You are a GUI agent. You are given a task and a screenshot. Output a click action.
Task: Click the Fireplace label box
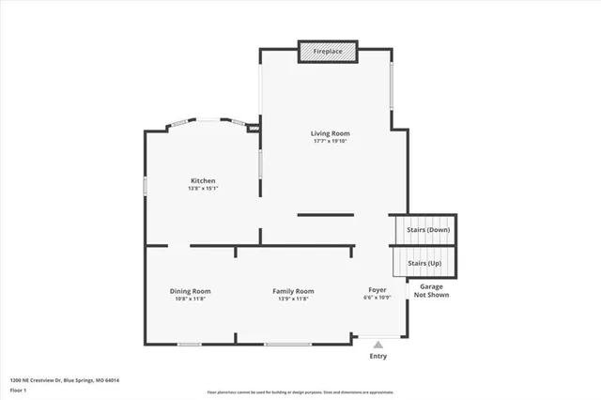(327, 51)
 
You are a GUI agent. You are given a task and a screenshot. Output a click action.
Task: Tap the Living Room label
(330, 133)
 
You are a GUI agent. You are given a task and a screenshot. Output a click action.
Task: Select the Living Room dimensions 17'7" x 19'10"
(330, 142)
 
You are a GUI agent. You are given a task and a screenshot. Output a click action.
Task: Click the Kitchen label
(203, 180)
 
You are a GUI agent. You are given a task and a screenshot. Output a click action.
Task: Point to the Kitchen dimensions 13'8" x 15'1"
(203, 189)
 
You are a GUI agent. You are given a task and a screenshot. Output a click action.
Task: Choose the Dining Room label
(190, 291)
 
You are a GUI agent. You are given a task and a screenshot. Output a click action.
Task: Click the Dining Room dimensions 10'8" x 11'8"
(190, 300)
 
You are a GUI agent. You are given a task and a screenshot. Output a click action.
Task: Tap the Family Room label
(293, 291)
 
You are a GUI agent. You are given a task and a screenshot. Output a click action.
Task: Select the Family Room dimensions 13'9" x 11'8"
(293, 300)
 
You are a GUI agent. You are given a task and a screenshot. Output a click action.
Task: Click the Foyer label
(378, 291)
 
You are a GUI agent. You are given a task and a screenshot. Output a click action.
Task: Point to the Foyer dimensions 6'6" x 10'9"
(378, 300)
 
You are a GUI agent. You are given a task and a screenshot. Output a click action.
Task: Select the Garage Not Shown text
(432, 291)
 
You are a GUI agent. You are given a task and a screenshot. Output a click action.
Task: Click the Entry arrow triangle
(378, 345)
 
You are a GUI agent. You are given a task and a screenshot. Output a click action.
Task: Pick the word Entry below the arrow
(378, 356)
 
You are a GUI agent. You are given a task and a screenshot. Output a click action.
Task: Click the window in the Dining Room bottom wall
(189, 345)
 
